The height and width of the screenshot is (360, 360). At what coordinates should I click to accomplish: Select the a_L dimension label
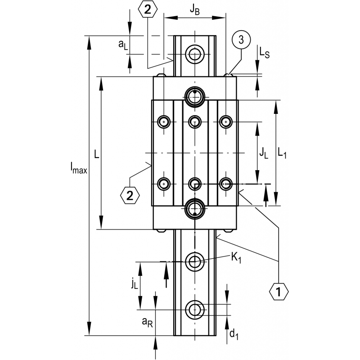(x=122, y=44)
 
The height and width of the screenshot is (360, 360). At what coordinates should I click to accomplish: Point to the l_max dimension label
(x=78, y=169)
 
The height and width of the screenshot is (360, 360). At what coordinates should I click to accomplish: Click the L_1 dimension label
(x=282, y=153)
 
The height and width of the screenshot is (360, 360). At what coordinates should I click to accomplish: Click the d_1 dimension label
(x=234, y=334)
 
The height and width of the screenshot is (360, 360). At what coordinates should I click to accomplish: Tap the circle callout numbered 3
(x=241, y=40)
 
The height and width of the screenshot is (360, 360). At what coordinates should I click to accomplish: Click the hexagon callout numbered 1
(x=279, y=292)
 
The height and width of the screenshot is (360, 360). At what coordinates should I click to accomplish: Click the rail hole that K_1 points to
(x=195, y=261)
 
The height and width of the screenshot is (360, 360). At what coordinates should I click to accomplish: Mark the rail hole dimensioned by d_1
(x=195, y=309)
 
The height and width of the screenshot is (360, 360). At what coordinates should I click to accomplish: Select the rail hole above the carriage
(x=195, y=54)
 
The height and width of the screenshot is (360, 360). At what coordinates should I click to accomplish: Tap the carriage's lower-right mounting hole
(x=225, y=184)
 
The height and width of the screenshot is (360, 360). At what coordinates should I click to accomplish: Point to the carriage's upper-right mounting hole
(x=225, y=121)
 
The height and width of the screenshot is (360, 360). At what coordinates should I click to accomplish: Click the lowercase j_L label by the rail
(x=134, y=283)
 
